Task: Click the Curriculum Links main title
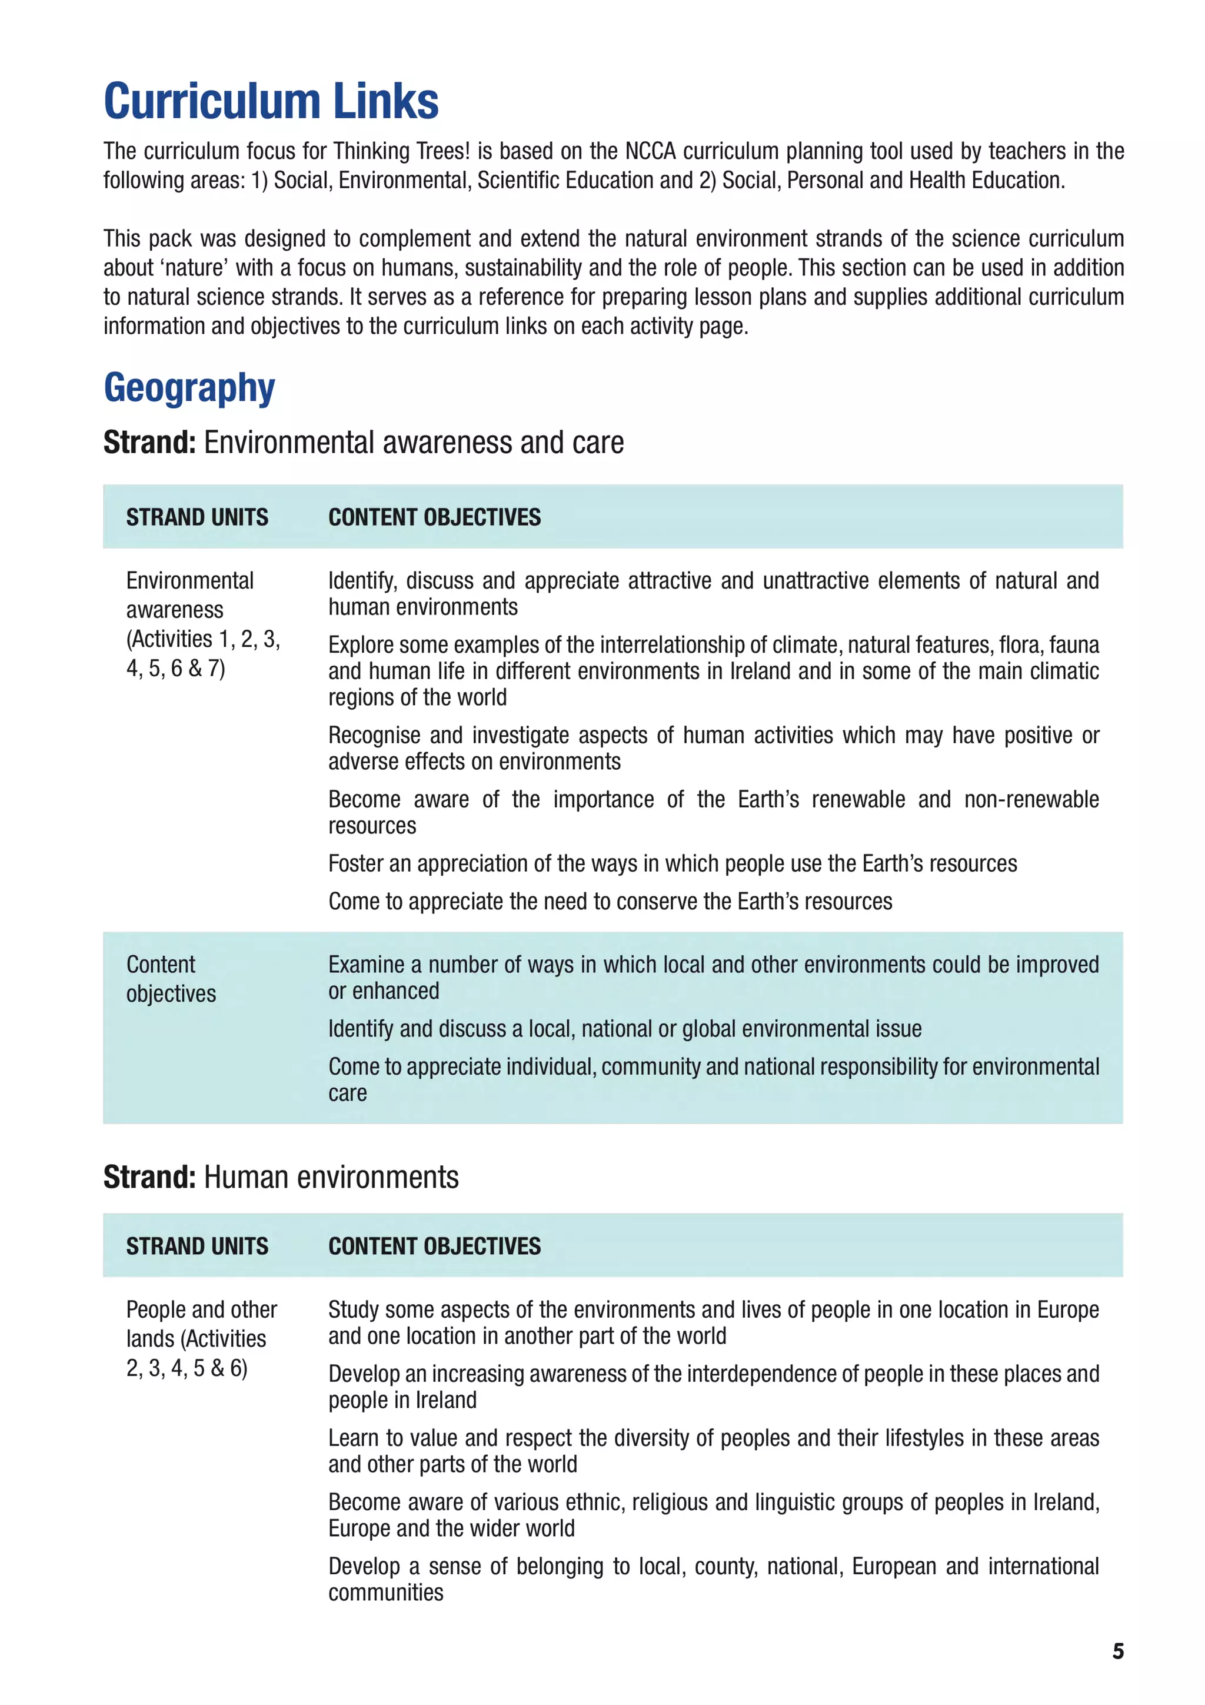[271, 101]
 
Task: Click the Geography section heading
[189, 388]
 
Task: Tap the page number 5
[1117, 1651]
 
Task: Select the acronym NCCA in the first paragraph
[650, 151]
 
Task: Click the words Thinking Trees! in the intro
[401, 151]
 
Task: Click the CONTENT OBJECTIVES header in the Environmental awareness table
[434, 517]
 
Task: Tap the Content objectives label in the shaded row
[171, 979]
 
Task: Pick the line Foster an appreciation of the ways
[672, 863]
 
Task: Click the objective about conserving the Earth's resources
[610, 901]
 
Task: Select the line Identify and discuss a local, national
[624, 1029]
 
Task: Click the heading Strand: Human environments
[281, 1178]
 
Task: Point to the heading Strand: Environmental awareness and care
[363, 443]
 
